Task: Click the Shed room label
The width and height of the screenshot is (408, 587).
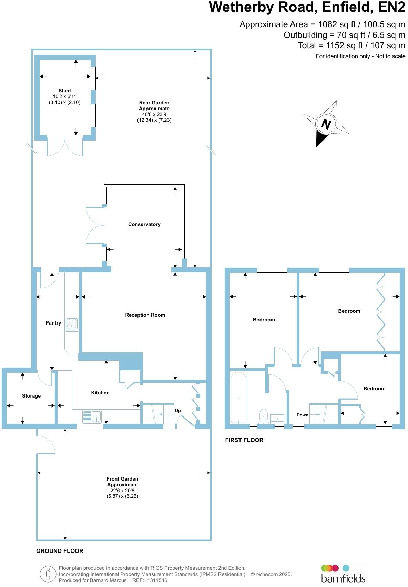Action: coord(64,91)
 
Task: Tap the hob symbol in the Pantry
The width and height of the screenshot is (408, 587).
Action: coord(72,325)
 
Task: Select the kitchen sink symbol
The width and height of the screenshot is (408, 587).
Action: coord(92,416)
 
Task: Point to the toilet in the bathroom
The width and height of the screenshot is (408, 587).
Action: coord(264,415)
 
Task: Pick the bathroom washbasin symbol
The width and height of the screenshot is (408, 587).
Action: coord(277,418)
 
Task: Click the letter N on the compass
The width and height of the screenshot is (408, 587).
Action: coord(326,124)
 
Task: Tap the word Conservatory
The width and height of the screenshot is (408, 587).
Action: coord(144,224)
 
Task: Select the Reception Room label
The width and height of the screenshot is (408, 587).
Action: coord(145,315)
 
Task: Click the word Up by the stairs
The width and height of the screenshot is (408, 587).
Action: coord(178,411)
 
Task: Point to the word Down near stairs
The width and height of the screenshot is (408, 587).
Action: coord(302,415)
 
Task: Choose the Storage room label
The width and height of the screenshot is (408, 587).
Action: coord(31,396)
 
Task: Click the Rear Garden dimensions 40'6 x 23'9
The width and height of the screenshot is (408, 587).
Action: coord(154,114)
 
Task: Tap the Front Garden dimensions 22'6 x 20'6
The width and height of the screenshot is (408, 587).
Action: coord(122,491)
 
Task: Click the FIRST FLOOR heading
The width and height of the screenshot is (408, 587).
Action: coord(244,440)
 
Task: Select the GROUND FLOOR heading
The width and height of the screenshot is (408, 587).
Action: coord(60,551)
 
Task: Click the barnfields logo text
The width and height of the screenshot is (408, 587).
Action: coord(343,578)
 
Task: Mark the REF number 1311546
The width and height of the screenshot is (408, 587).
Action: coord(157,580)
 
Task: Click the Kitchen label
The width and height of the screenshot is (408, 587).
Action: coord(100,393)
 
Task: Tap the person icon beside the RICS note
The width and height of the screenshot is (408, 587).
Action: coord(48,574)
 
